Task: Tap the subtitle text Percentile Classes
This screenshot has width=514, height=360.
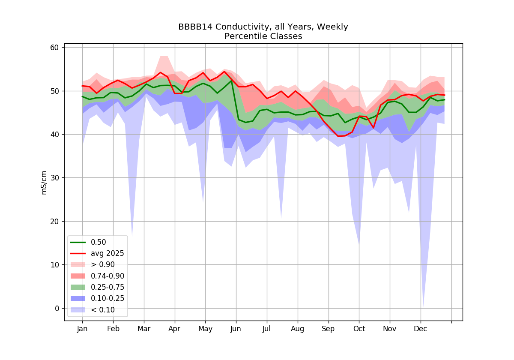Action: (x=263, y=36)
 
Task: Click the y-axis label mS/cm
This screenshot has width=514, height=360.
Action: (x=44, y=183)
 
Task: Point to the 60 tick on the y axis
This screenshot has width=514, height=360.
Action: (x=54, y=48)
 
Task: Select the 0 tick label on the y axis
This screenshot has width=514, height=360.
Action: (x=57, y=309)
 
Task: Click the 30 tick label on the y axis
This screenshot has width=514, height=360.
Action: (x=54, y=178)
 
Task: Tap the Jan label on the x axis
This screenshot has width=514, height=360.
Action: (x=82, y=329)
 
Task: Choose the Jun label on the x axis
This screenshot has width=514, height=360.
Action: (x=236, y=329)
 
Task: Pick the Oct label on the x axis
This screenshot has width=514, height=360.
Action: (x=359, y=329)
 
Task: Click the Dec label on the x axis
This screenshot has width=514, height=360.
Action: (x=420, y=329)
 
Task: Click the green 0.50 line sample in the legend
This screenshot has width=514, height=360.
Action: (x=78, y=242)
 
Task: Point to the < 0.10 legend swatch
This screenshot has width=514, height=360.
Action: (x=78, y=310)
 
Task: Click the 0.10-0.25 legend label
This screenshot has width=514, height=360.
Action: (x=108, y=298)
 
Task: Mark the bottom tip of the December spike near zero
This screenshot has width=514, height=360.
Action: (x=423, y=307)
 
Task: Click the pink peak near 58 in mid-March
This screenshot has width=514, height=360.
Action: (x=164, y=56)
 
